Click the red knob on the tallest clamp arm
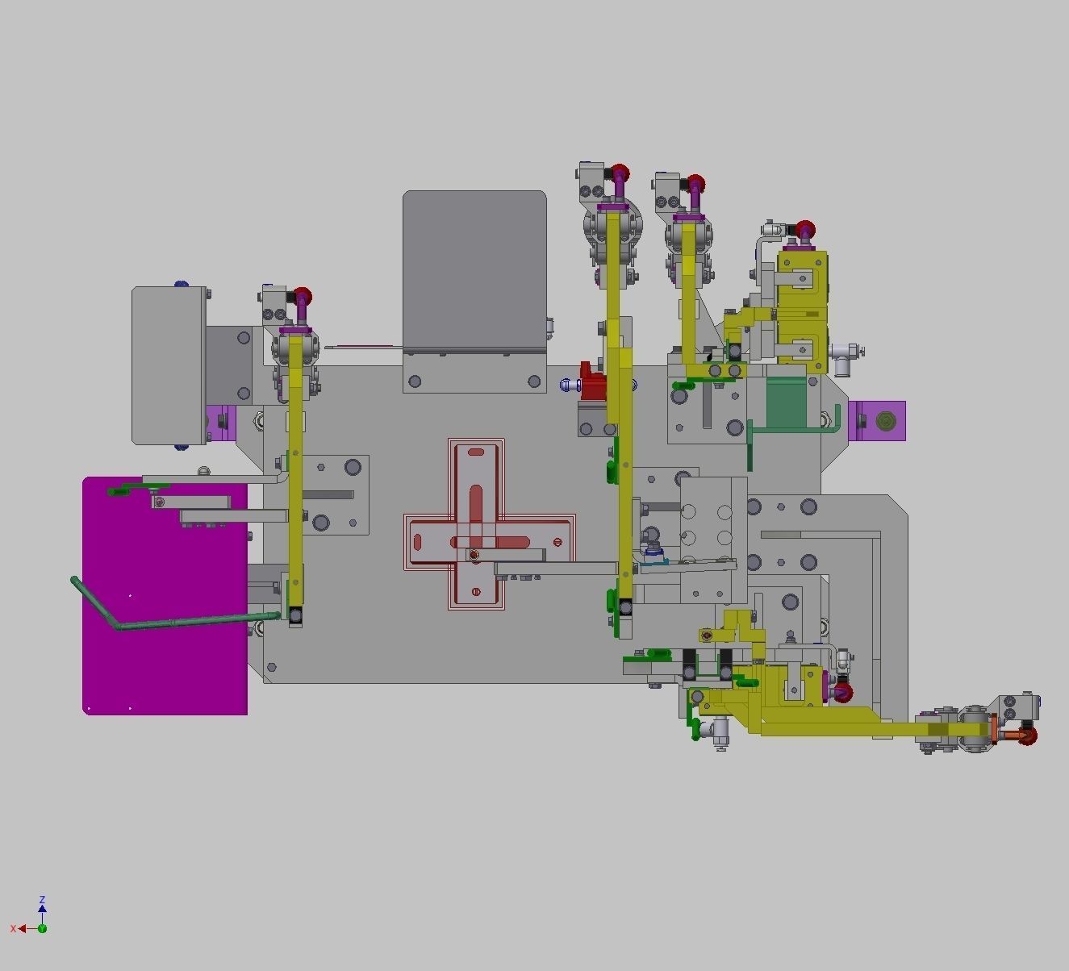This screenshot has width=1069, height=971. click(620, 173)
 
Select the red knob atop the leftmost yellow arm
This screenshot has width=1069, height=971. click(303, 296)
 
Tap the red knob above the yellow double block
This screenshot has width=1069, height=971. click(804, 230)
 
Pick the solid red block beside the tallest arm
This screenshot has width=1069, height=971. click(593, 385)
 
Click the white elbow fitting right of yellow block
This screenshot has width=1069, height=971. click(846, 352)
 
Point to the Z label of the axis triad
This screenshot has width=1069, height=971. click(42, 899)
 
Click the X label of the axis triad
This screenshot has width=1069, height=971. click(13, 929)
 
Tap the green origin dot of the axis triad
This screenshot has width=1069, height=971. click(42, 928)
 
